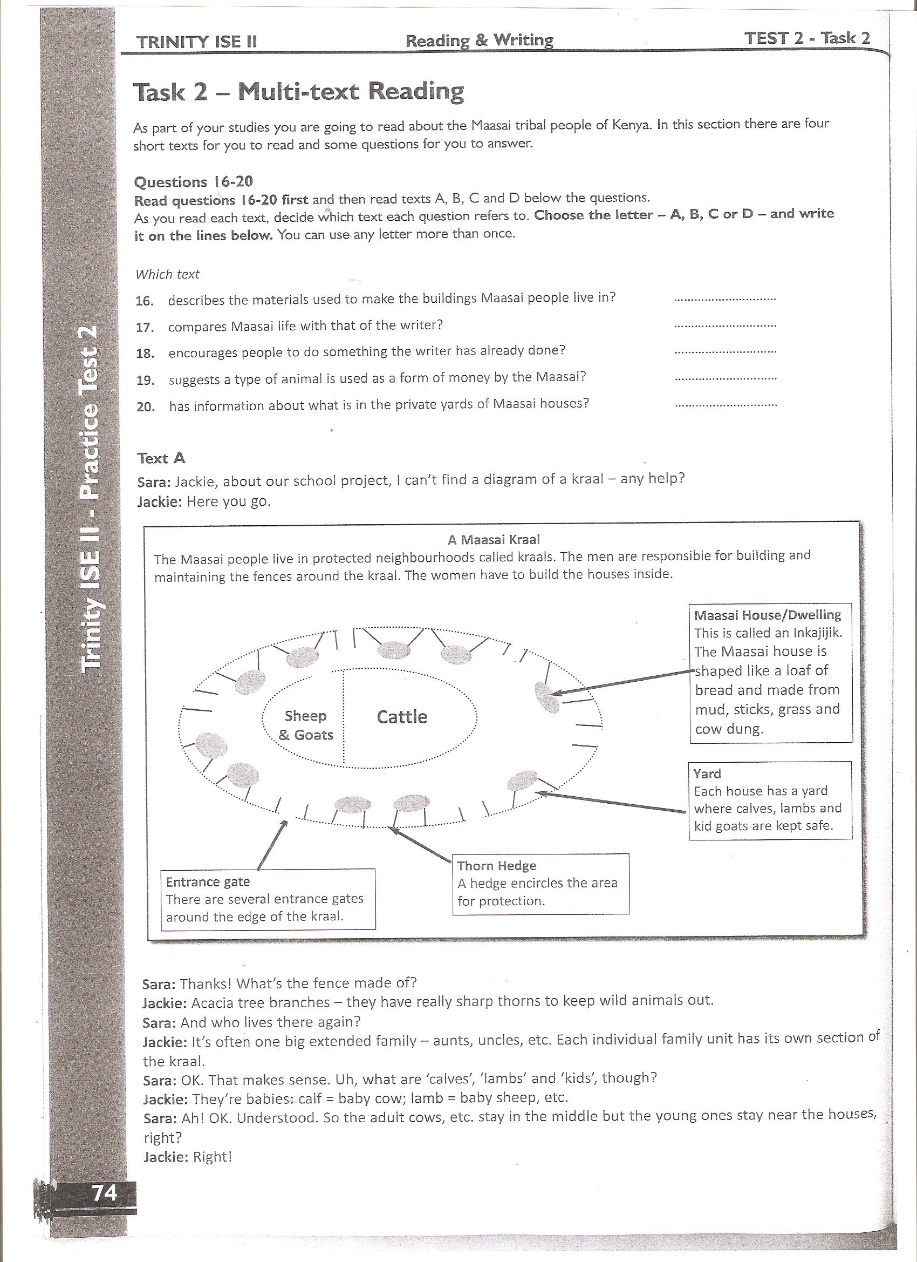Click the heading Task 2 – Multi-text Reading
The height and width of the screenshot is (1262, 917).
(x=298, y=92)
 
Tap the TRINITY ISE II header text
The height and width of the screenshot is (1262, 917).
(x=196, y=42)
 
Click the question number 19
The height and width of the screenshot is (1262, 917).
(x=145, y=381)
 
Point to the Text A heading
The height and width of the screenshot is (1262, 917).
(x=161, y=458)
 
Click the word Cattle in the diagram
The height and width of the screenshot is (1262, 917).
(x=402, y=717)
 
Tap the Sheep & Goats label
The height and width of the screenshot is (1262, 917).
(x=305, y=725)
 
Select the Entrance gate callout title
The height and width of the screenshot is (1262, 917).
(x=208, y=882)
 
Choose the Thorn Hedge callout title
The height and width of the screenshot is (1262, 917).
(x=497, y=866)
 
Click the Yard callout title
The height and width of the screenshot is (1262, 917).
(x=707, y=774)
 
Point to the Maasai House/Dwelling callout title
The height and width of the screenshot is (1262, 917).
(x=768, y=615)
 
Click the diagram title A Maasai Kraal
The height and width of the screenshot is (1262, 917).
(x=493, y=539)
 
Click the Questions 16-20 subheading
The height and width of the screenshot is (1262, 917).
(x=194, y=182)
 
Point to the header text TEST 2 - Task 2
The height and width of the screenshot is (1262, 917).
(x=807, y=38)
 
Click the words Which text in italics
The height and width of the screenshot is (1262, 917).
(x=167, y=274)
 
